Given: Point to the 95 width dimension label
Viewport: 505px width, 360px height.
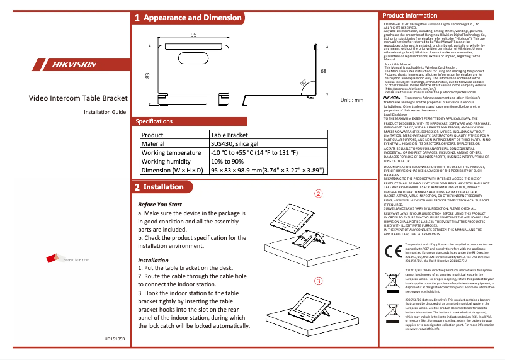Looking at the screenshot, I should click(x=194, y=34).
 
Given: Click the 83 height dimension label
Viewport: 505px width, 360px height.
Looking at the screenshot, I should click(x=147, y=76).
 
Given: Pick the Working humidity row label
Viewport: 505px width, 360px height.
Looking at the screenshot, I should click(x=166, y=161).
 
